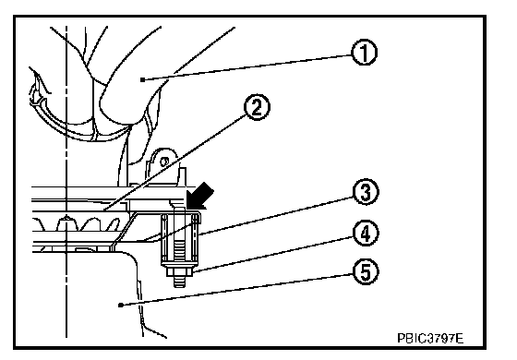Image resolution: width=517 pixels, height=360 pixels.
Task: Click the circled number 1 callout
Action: (x=364, y=53)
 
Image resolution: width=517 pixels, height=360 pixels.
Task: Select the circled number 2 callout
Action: (x=257, y=107)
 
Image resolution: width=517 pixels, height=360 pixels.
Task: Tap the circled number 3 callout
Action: (x=366, y=192)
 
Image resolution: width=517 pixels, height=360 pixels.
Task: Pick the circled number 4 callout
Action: (x=366, y=234)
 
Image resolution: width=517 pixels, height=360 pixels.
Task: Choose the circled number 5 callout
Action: (x=366, y=272)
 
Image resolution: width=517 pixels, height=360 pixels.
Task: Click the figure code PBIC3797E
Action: (x=430, y=338)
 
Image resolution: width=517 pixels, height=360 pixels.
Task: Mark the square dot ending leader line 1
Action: (x=142, y=79)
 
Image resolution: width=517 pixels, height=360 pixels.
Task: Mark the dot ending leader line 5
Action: (x=121, y=306)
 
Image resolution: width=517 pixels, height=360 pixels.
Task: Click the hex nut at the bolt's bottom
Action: (x=180, y=271)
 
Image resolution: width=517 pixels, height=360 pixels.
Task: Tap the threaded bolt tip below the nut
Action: (x=180, y=282)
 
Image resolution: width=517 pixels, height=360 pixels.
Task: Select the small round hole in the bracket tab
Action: (x=164, y=162)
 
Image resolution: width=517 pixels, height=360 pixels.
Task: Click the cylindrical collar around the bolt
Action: (x=181, y=239)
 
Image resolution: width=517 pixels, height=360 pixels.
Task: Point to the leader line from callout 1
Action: (x=246, y=67)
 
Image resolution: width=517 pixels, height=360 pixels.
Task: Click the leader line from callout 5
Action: (x=236, y=290)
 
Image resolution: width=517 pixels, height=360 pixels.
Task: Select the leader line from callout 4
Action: (x=272, y=254)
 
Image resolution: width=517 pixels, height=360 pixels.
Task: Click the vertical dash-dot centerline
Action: (x=66, y=181)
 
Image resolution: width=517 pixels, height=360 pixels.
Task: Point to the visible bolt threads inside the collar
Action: (x=180, y=251)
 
